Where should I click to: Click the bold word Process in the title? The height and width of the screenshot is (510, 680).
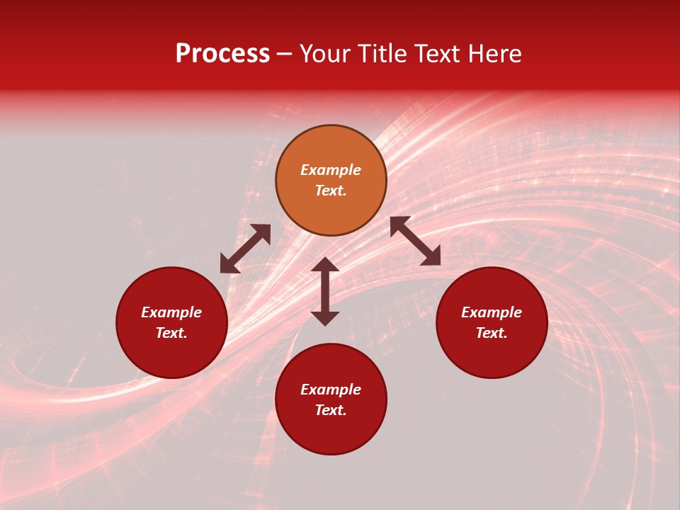coord(222,55)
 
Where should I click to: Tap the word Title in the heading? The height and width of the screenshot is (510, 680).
coord(380,54)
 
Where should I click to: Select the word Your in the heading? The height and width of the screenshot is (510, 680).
coord(327,54)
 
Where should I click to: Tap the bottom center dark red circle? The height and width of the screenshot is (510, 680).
coord(331,432)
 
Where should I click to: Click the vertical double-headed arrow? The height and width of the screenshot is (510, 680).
coord(325,291)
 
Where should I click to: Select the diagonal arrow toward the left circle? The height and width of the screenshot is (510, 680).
coord(245,249)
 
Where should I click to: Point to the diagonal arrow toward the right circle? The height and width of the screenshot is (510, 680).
coord(416,241)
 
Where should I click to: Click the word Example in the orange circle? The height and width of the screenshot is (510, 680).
coord(331,170)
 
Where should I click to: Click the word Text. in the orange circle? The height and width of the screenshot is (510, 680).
coord(331,191)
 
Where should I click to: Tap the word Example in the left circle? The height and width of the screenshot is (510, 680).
coord(171,312)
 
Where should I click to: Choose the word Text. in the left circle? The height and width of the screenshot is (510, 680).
coord(171,333)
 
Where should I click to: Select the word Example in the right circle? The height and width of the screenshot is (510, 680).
coord(492,312)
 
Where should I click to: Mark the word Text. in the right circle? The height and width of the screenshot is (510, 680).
coord(492,333)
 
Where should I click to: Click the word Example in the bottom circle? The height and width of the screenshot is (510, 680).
coord(331,390)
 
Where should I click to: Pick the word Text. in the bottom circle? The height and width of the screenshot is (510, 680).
coord(331,410)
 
